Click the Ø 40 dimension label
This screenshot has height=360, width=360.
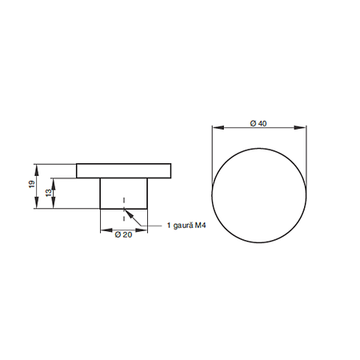258,123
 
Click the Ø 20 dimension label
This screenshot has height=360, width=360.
123,234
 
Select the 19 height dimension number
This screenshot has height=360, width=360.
32,184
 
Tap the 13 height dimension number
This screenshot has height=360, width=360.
49,193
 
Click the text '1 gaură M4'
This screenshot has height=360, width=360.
186,226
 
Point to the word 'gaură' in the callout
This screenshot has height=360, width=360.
183,226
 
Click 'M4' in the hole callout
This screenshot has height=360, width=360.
200,226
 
